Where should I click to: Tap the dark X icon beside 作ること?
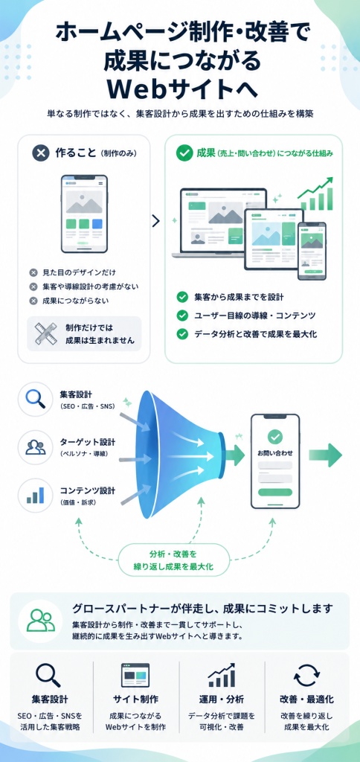(41, 153)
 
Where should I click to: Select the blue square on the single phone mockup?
(97, 224)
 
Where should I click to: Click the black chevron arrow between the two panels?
(155, 221)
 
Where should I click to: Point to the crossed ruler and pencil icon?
(46, 333)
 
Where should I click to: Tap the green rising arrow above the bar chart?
(316, 186)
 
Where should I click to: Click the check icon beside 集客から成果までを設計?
(182, 297)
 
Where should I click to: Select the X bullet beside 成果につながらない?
(33, 301)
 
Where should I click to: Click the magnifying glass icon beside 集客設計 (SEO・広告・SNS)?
(35, 399)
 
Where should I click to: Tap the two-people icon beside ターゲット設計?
(35, 447)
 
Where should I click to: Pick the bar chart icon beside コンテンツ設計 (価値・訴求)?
(35, 495)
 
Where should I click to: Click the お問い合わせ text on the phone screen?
(275, 453)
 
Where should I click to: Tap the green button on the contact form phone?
(275, 493)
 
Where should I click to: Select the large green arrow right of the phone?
(329, 455)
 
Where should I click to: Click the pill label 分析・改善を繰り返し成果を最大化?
(173, 560)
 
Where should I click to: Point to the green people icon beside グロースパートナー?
(40, 621)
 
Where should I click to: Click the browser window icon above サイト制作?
(135, 675)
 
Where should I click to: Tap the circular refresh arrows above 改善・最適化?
(306, 676)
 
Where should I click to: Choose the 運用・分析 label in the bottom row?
(221, 699)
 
